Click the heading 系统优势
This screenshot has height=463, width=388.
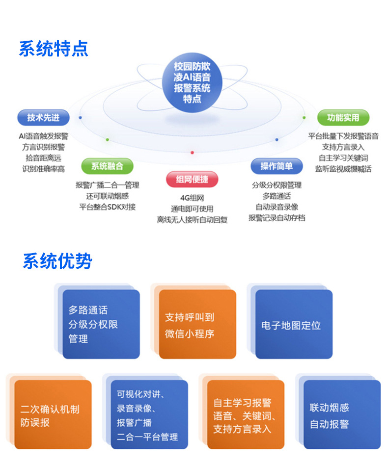(x=57, y=261)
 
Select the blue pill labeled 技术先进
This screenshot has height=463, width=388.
(x=43, y=117)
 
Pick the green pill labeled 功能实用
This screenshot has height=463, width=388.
(x=343, y=117)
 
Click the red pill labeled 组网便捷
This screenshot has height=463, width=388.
(x=192, y=179)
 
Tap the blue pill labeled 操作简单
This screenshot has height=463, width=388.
(x=277, y=166)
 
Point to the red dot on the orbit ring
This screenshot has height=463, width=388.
(x=192, y=153)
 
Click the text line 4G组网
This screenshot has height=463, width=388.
(x=192, y=198)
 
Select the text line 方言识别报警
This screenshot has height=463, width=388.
(x=43, y=147)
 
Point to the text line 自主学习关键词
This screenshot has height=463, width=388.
(x=343, y=158)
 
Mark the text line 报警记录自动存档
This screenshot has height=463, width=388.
(x=277, y=217)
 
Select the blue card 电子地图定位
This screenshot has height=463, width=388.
(x=293, y=325)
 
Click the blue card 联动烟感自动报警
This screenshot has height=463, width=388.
(x=341, y=415)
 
